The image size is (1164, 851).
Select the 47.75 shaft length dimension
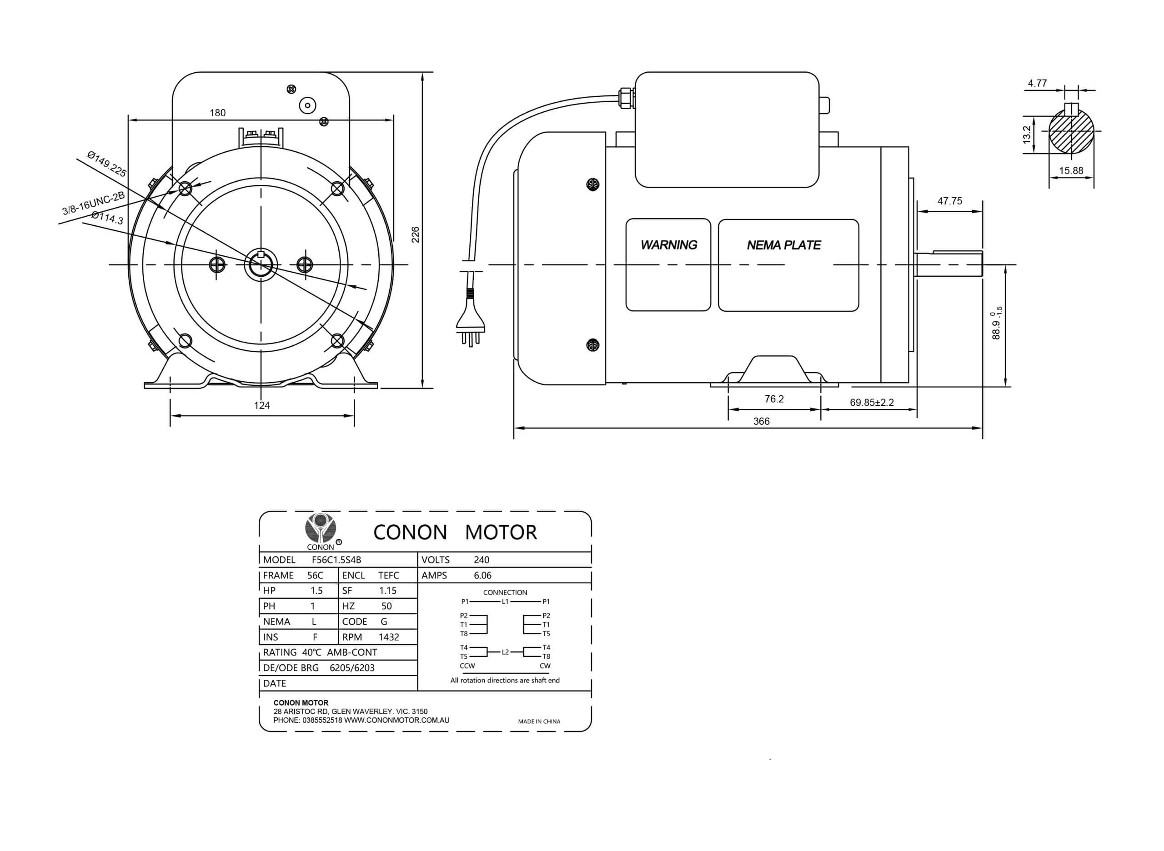tap(949, 201)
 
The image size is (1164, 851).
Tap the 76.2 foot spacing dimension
tap(774, 399)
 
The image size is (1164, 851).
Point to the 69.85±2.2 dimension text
tap(872, 402)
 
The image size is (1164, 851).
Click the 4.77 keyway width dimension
tap(1037, 83)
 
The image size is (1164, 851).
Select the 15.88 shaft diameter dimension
tap(1071, 170)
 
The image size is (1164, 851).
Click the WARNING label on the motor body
tap(668, 245)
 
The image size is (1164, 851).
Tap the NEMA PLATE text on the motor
tap(783, 245)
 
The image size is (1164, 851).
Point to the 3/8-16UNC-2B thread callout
tap(93, 204)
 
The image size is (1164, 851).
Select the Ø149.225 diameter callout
tap(107, 164)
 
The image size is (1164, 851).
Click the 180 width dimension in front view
tap(217, 113)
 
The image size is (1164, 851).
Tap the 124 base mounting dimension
tap(262, 405)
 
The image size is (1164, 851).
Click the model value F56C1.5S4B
tap(336, 560)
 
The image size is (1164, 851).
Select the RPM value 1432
tap(389, 637)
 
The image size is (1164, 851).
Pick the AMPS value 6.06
tap(482, 575)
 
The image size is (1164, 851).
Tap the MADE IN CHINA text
tap(539, 722)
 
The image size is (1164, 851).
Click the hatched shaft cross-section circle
tap(1071, 131)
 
